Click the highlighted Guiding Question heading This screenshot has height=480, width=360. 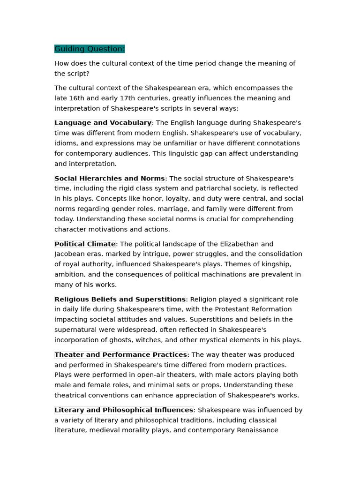click(x=90, y=49)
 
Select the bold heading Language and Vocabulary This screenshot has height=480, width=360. click(x=103, y=123)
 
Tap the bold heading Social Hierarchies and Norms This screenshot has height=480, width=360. click(x=109, y=179)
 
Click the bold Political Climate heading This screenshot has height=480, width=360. click(x=85, y=244)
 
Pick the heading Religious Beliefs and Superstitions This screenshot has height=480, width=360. click(x=120, y=300)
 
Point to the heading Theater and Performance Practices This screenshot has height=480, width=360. click(x=120, y=355)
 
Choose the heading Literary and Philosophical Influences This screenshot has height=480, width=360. click(x=124, y=410)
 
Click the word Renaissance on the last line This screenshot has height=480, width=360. click(x=255, y=430)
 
